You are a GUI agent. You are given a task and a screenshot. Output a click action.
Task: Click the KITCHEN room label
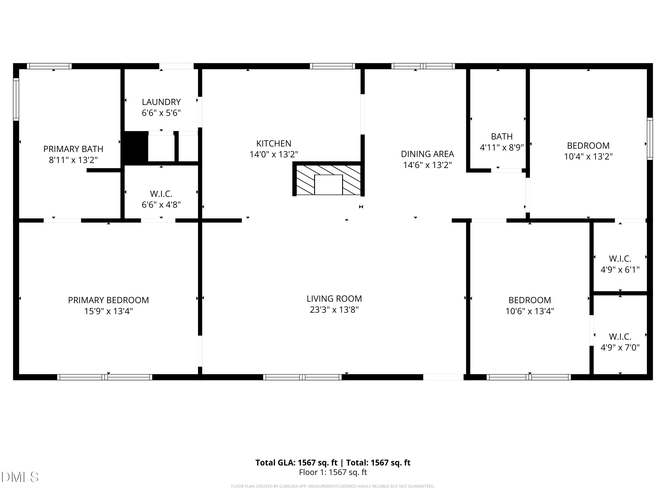coord(274,144)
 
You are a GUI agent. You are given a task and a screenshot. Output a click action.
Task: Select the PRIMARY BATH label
coord(73,149)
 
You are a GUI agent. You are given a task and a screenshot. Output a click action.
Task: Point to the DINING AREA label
coord(427,154)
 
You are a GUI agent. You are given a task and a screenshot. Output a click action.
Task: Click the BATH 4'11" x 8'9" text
coord(501,142)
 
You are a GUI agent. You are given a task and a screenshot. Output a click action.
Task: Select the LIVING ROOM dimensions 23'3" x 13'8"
coord(334,310)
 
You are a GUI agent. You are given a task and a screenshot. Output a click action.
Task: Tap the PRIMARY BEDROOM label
coord(108,300)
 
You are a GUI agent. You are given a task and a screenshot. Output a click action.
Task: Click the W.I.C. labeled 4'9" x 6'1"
coord(620,264)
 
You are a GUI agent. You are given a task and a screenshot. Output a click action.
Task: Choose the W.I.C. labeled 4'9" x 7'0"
coord(620,342)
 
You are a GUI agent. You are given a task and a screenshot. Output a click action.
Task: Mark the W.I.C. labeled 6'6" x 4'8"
coord(161,199)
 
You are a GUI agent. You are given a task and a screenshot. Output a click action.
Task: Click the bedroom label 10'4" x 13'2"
coord(588,151)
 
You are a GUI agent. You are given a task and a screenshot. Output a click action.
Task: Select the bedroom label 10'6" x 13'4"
coord(530,305)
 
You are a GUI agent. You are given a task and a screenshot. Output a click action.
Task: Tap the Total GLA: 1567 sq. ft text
coord(297,463)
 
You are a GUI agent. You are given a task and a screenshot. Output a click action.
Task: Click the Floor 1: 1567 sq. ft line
coord(333,472)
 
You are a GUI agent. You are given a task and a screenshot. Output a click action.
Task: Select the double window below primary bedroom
coord(105,377)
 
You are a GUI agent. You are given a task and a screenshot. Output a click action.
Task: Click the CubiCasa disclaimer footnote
coord(333,486)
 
